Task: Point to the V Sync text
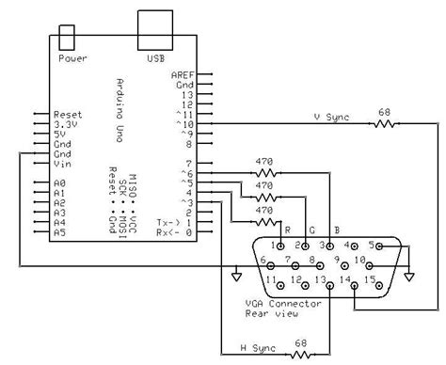tap(332, 117)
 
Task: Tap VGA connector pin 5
tap(374, 246)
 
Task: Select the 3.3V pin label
tap(69, 124)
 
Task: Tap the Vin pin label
tap(64, 163)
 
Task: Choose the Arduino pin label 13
tap(188, 95)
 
